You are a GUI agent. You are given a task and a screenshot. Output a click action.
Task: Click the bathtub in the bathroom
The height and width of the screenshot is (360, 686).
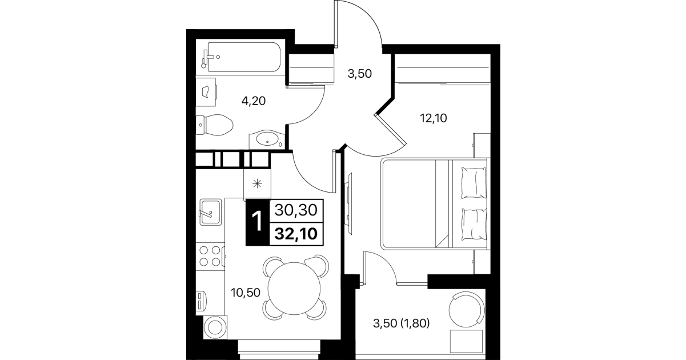[244, 57]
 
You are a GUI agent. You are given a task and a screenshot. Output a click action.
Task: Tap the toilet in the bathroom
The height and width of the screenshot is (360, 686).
[214, 125]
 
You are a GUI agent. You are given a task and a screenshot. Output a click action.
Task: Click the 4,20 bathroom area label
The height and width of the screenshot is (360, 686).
[254, 101]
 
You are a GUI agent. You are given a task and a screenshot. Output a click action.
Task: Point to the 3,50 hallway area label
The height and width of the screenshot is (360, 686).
[359, 74]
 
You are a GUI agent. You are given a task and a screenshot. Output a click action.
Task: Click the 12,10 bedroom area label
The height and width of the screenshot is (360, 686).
[434, 118]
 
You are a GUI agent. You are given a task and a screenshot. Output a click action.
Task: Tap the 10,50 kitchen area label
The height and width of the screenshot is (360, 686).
[246, 293]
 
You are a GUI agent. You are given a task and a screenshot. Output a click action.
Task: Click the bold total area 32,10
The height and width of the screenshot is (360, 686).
[296, 234]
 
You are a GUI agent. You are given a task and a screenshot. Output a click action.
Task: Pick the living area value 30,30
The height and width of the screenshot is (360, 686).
[296, 210]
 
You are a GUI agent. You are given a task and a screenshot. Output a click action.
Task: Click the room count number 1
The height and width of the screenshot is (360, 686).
[257, 222]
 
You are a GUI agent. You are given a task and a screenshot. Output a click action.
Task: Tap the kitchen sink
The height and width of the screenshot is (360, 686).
[210, 212]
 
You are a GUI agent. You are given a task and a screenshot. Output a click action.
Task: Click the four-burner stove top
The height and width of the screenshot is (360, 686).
[210, 256]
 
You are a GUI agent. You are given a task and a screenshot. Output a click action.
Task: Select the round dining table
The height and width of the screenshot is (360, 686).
[294, 289]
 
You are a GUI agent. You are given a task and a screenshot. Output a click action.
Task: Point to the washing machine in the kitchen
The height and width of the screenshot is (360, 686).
[215, 327]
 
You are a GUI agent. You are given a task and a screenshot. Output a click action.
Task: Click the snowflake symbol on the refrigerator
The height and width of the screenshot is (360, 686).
[257, 184]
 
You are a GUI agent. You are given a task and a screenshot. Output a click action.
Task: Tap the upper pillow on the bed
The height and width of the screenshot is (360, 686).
[474, 183]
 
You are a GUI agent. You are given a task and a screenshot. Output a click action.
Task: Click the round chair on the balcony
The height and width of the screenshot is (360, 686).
[467, 309]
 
